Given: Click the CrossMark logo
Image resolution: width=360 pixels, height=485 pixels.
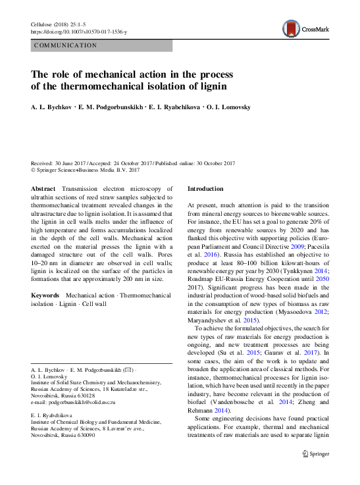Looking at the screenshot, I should (x=299, y=28).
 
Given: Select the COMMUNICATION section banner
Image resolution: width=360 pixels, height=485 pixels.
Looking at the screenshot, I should (x=65, y=45).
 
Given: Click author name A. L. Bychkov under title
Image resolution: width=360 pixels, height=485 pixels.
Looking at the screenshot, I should (x=52, y=107).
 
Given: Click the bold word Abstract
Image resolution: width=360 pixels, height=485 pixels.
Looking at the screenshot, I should (x=43, y=188).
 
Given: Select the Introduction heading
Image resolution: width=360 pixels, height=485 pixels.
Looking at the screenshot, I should (x=205, y=188).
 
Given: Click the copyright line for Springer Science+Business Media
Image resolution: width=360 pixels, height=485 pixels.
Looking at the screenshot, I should (x=86, y=170).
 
